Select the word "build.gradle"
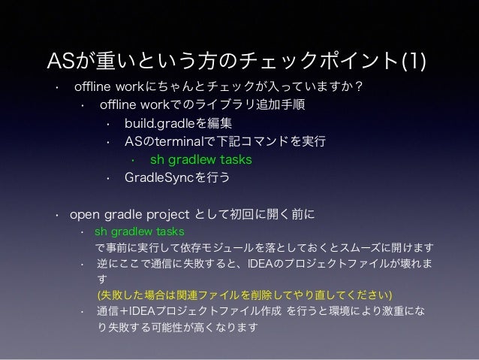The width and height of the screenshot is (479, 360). (157, 123)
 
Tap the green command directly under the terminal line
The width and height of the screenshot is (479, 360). (200, 159)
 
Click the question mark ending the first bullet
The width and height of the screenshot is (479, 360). (360, 87)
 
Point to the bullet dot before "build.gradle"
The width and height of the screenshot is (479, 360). (108, 123)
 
